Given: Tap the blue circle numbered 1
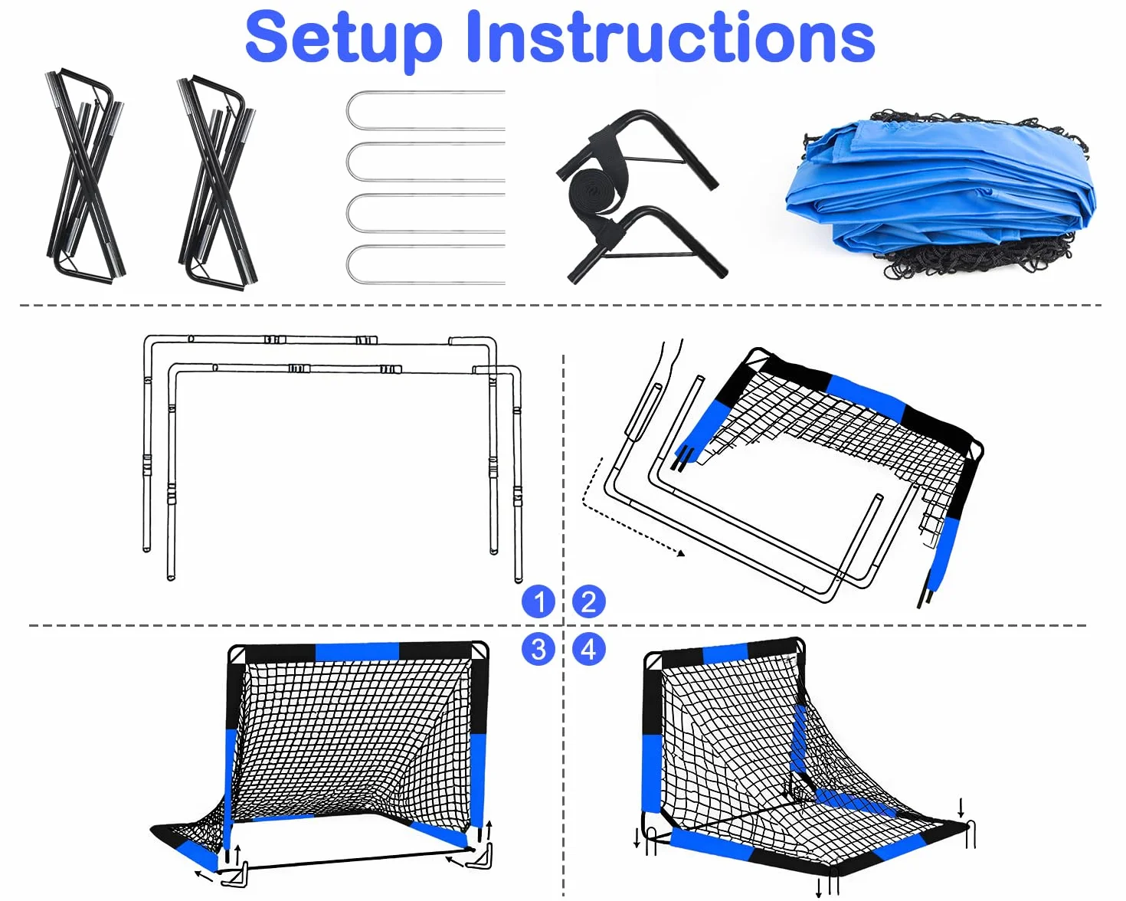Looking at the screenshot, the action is point(538,601).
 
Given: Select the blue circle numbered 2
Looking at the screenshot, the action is point(588,601).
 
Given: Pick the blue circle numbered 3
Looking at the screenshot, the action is point(538,649).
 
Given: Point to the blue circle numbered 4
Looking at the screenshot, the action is point(588,649).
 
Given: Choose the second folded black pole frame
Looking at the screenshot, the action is point(218,183).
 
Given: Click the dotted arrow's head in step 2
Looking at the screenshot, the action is point(680,553).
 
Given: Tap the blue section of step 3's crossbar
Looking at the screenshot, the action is point(357,652).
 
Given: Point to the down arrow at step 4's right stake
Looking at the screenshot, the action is point(961,807).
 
